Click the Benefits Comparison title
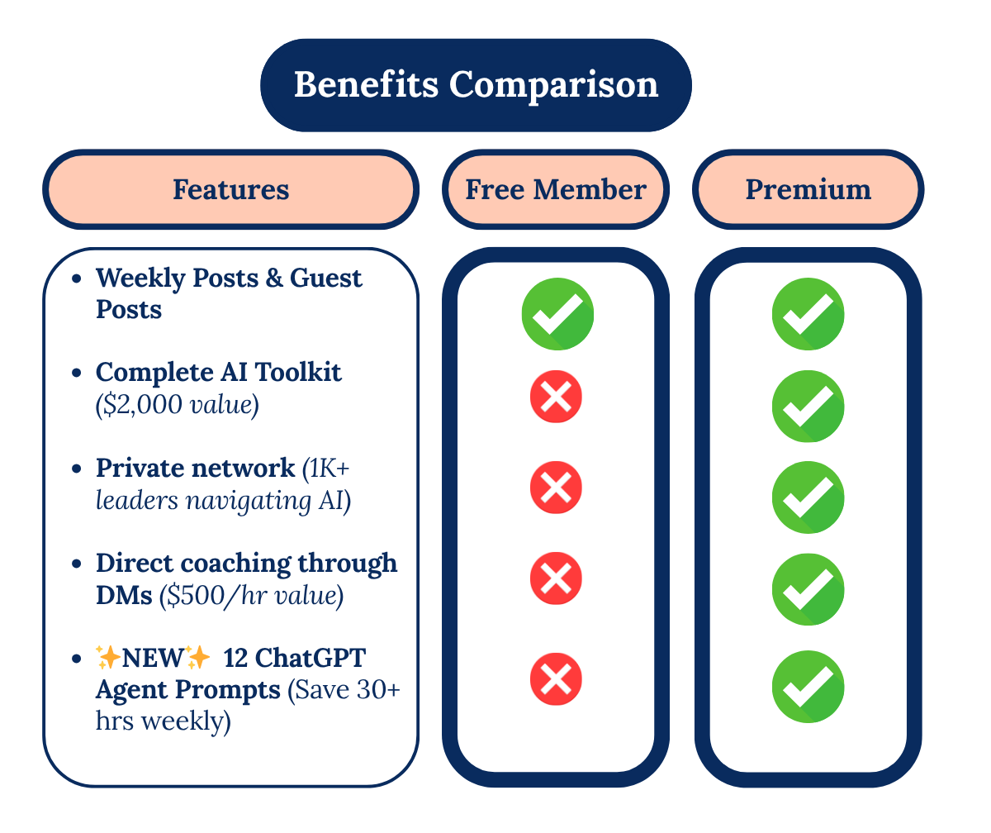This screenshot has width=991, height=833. coord(476,85)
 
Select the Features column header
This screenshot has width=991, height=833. coord(230,189)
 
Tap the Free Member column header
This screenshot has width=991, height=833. coord(556,189)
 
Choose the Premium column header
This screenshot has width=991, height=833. coord(808,189)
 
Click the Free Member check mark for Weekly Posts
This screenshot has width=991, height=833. coord(557,315)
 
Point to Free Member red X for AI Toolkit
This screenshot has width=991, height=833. coord(556,397)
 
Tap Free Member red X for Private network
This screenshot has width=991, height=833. coord(556,488)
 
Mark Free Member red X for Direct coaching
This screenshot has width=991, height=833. coord(556,578)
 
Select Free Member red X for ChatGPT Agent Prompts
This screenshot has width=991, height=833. coord(556,680)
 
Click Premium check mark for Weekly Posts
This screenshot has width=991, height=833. coord(808,315)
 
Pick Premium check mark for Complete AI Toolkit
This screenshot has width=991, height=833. coord(808,407)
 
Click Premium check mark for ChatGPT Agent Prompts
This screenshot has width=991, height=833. coord(808,687)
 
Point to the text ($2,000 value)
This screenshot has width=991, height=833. coord(178,406)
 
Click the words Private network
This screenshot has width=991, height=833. coord(195,468)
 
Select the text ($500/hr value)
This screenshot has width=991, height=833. coord(251,595)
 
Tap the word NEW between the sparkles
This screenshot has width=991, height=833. coord(154,659)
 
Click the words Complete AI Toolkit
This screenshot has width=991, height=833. coord(218,373)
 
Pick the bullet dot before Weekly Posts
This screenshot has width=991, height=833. coord(77,279)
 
